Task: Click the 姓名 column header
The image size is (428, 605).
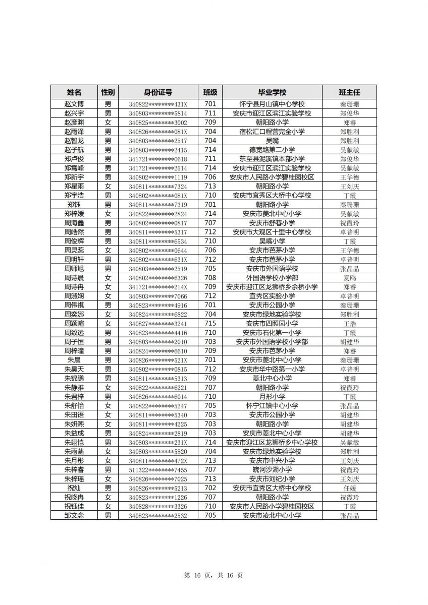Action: tap(74, 92)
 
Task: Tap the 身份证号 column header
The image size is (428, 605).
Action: tap(158, 92)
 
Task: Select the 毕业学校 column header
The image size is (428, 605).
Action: tap(272, 92)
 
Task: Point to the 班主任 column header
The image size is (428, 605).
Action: tap(349, 92)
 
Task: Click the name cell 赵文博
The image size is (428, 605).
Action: tap(74, 104)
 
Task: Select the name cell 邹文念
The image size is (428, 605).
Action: tap(74, 515)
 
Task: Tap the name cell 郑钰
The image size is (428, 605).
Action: tap(74, 205)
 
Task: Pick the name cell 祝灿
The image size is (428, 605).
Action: tap(74, 488)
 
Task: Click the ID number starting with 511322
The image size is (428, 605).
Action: tap(158, 470)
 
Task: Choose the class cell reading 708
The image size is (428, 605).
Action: tap(210, 278)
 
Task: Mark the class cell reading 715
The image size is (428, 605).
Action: tap(210, 324)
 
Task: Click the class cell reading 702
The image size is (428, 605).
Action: tap(210, 488)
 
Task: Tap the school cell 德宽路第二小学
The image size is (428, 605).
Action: tap(272, 150)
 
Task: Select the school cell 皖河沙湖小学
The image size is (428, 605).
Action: tap(272, 470)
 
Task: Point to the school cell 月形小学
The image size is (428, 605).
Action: tap(272, 397)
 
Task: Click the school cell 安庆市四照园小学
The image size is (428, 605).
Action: tap(272, 324)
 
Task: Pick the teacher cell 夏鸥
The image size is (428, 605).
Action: tap(349, 278)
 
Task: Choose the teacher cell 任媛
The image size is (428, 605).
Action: tap(349, 488)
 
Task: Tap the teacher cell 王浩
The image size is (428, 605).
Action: tap(349, 324)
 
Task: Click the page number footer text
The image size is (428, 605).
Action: tap(213, 575)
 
